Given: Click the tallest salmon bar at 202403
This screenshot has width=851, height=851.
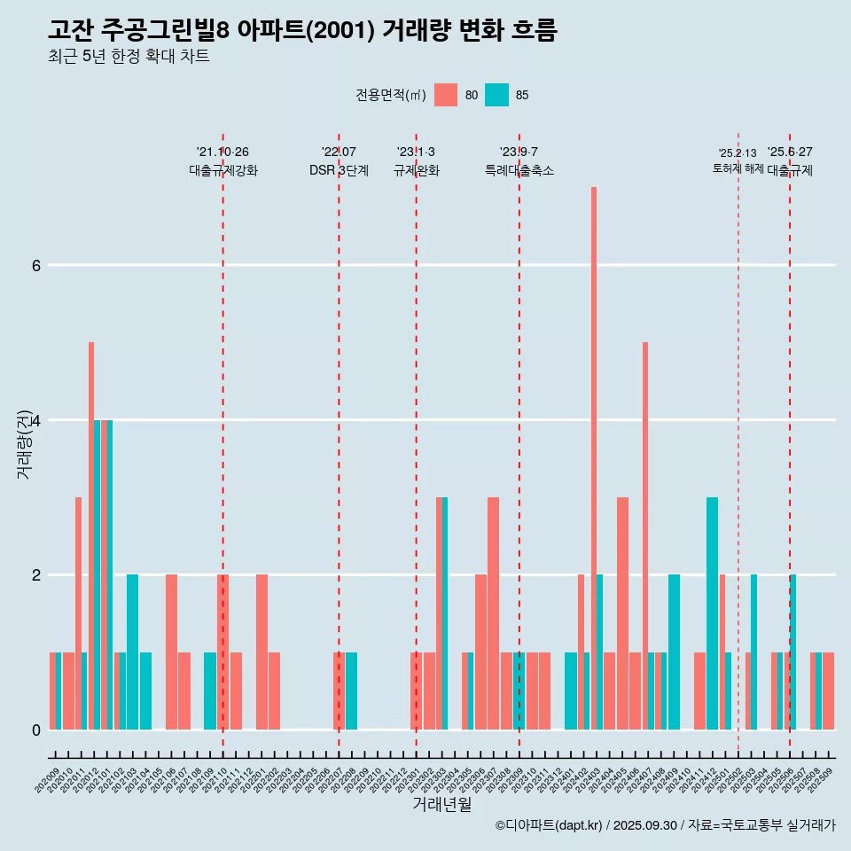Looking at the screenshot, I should tap(594, 457).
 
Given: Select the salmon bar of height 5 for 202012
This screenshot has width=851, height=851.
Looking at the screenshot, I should tap(91, 535).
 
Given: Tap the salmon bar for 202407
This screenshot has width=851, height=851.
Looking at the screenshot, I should tap(645, 535).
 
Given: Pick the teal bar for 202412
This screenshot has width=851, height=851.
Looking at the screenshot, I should tap(712, 613).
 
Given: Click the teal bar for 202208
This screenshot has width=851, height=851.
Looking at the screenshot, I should tap(352, 691).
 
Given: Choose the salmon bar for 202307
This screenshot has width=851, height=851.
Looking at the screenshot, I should tap(493, 613).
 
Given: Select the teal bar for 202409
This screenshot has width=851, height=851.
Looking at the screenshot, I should tap(674, 652).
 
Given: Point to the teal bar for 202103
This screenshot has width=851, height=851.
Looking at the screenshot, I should tap(132, 652).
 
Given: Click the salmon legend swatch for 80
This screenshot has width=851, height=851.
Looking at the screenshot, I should tap(446, 95).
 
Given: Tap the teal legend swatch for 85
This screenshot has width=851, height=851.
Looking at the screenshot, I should tap(497, 95).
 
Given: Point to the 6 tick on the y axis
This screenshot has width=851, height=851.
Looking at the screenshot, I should tap(35, 265).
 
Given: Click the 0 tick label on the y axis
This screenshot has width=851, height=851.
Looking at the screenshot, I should tap(35, 730).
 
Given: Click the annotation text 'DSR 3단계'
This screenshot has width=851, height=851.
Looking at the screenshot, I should tap(339, 170).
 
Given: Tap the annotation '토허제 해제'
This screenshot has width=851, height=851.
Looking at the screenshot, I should tap(738, 168).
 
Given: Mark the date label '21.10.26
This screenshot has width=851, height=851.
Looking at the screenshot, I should tap(223, 152).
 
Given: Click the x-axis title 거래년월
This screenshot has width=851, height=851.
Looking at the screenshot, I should tap(441, 804).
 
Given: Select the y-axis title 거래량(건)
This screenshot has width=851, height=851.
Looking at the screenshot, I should tap(24, 443).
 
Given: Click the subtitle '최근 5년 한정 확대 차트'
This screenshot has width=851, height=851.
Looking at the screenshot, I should tap(129, 57).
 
